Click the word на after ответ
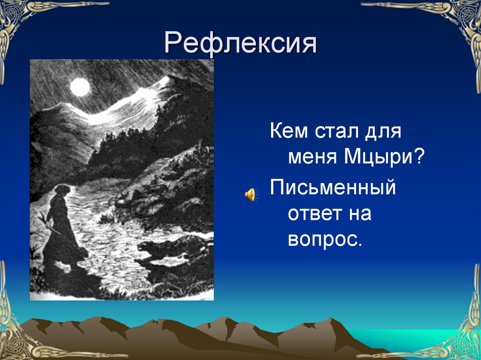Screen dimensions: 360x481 point(359,214)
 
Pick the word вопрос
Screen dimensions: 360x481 point(324,239)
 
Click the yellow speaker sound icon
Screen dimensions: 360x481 point(249,193)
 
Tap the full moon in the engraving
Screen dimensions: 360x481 point(80,87)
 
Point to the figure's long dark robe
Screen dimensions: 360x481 point(61,235)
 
